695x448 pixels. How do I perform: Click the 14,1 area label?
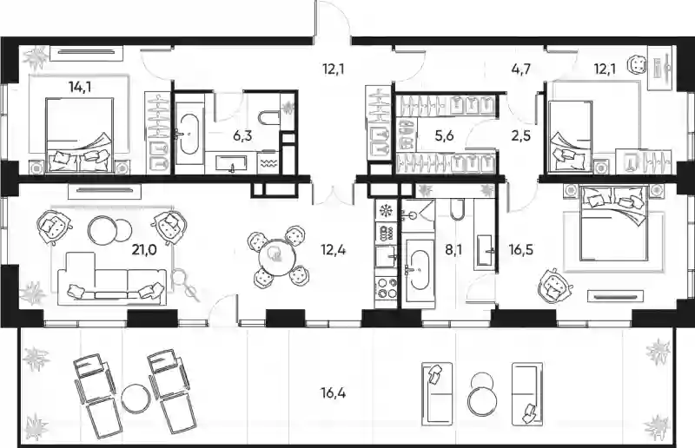click(80, 87)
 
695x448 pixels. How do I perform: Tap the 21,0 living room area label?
click(144, 250)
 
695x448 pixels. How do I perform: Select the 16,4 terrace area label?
click(333, 392)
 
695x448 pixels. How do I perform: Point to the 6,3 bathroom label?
click(242, 135)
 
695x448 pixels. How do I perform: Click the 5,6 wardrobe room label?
click(444, 135)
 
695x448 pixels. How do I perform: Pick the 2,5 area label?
click(520, 135)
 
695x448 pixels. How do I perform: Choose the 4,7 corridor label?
click(520, 69)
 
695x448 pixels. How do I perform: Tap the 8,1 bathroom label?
click(453, 250)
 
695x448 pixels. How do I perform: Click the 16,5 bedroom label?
click(520, 250)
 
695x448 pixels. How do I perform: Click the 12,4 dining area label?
click(334, 250)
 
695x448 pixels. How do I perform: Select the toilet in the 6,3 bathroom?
click(268, 116)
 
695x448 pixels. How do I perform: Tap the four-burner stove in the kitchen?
click(387, 287)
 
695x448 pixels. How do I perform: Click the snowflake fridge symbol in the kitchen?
click(386, 210)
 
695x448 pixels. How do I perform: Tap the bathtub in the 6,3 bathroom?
click(189, 134)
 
